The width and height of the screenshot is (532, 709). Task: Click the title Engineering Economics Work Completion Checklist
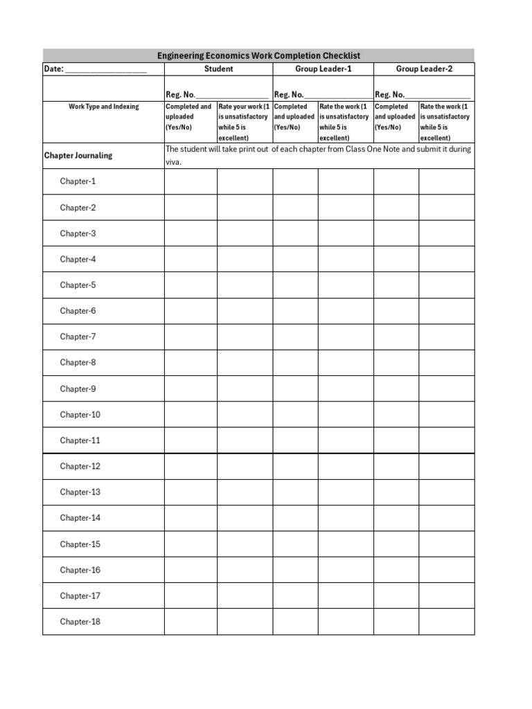pos(258,55)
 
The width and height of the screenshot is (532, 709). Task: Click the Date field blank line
pos(105,70)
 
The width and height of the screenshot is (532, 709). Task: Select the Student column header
pos(218,69)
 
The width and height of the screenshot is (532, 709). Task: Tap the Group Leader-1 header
pos(323,69)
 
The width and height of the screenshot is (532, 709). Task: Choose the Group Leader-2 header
pos(424,69)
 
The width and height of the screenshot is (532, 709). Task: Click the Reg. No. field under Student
pos(231,95)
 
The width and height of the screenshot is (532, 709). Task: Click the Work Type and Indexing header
pos(103,107)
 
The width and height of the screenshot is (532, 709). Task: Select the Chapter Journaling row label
pos(78,156)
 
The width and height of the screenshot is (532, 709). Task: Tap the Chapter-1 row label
pos(78,181)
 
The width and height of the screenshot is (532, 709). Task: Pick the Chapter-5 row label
pos(78,285)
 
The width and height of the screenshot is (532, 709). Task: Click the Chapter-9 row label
pos(78,388)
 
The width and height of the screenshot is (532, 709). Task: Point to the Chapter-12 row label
pos(80,466)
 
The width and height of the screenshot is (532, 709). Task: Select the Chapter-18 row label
pos(80,622)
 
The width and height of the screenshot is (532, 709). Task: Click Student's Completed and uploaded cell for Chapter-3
pos(190,233)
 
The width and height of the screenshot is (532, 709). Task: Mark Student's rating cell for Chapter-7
pos(245,337)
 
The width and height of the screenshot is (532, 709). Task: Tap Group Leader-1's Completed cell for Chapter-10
pos(295,415)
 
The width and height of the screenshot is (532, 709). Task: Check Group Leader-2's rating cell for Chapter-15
pos(446,544)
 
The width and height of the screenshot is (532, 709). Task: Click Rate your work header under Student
pos(245,122)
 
